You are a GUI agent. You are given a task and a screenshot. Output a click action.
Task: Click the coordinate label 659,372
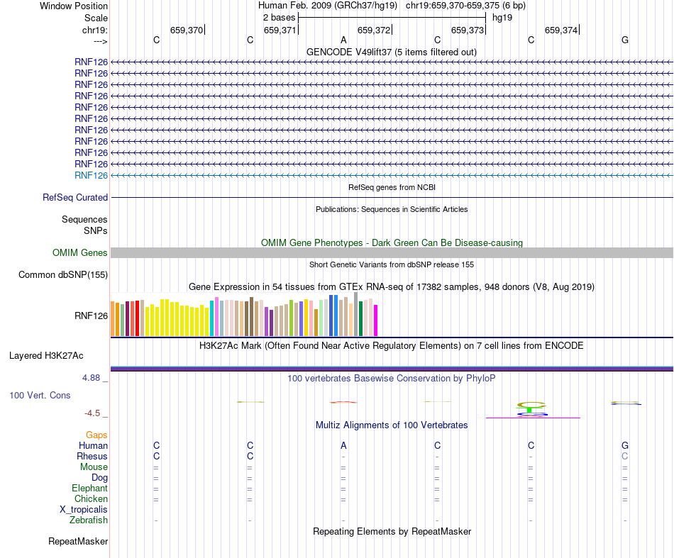click(374, 30)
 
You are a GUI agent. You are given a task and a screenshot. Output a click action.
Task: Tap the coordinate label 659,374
click(561, 30)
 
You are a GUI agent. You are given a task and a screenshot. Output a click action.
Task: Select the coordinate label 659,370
click(187, 30)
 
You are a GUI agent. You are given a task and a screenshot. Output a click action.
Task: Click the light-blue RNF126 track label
click(91, 175)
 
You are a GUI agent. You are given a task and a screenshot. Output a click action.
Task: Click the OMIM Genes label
click(80, 252)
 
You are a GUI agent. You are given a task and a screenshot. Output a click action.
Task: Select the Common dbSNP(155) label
click(63, 275)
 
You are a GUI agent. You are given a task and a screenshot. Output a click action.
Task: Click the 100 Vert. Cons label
click(40, 395)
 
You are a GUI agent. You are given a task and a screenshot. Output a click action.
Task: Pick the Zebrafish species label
click(89, 520)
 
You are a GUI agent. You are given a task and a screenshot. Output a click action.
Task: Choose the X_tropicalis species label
click(84, 510)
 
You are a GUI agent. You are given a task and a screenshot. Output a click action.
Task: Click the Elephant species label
click(89, 489)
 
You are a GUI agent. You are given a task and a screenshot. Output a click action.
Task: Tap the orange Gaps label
click(96, 435)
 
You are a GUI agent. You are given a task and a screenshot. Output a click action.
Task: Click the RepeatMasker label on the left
click(78, 542)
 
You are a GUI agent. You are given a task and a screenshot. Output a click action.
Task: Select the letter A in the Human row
click(343, 446)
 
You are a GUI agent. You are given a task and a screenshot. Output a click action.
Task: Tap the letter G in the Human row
click(625, 446)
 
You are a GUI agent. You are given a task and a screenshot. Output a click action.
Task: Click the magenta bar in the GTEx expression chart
click(376, 320)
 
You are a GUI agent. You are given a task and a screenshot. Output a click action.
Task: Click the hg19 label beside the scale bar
click(502, 17)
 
